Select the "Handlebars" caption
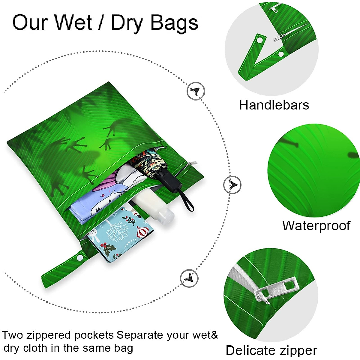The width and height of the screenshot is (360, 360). tap(274, 105)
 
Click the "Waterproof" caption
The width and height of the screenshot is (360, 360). tap(316, 226)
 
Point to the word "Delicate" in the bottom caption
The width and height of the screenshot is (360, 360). tap(250, 350)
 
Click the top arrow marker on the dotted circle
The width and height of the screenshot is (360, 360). tap(196, 91)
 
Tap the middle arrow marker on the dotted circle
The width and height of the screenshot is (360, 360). tap(232, 185)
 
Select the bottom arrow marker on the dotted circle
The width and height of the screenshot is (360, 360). tap(189, 278)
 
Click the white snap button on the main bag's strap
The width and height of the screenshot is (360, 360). tap(80, 257)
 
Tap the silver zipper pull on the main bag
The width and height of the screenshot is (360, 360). tap(192, 163)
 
